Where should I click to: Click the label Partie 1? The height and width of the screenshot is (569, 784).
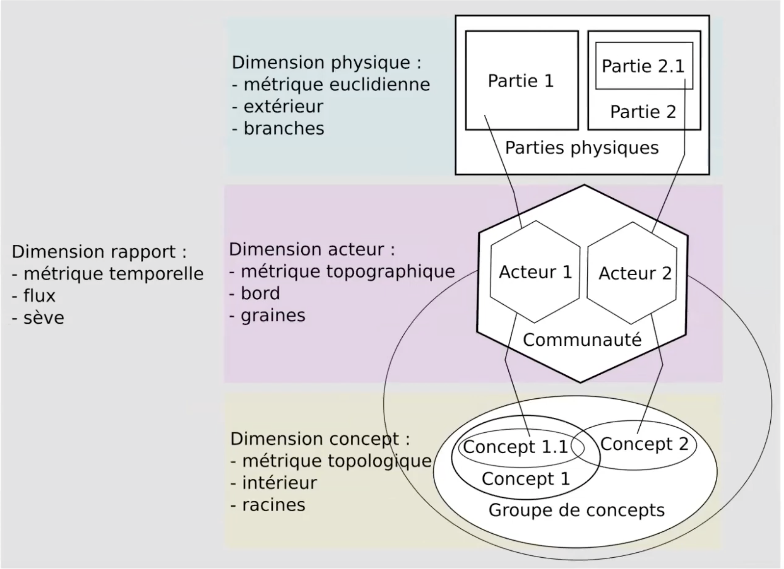click(521, 81)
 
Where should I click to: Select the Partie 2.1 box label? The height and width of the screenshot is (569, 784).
click(643, 66)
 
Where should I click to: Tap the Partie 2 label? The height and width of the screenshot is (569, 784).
click(643, 112)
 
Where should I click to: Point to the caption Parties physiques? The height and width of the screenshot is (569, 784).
click(582, 148)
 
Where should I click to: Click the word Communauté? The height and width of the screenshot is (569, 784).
click(582, 339)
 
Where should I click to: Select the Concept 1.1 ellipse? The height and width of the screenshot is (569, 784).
click(516, 447)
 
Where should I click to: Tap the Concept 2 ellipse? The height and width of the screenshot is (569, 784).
click(644, 444)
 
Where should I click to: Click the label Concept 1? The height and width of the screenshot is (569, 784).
click(525, 479)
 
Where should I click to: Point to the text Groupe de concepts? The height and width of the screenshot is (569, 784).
click(576, 510)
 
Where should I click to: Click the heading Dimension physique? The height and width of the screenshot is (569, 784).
click(326, 62)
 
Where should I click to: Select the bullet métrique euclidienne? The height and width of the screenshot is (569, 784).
click(337, 84)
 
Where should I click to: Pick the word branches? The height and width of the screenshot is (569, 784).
click(284, 129)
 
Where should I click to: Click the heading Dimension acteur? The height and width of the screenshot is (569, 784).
click(312, 249)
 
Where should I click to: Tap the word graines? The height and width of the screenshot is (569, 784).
click(273, 315)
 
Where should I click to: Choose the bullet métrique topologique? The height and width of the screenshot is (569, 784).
click(337, 461)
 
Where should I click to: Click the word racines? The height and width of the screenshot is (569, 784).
click(273, 505)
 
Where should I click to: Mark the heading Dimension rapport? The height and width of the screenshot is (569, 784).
click(99, 252)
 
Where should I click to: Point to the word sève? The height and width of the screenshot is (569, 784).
click(44, 318)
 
